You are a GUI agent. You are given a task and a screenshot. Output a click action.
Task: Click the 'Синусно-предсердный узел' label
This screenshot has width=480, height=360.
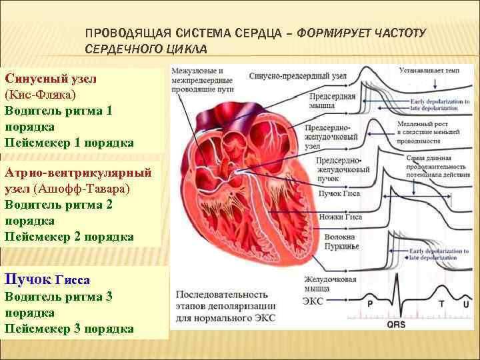click(x=297, y=76)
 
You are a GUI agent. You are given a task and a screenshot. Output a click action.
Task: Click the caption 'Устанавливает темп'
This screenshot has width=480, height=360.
click(x=429, y=69)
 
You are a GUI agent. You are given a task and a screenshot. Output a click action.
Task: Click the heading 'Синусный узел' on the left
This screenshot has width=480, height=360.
click(x=51, y=78)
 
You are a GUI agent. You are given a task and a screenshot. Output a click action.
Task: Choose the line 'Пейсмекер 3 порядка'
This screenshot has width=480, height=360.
click(x=69, y=329)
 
